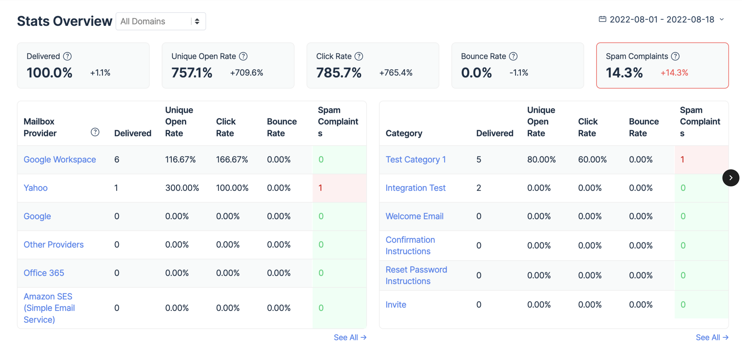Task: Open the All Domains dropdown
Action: click(x=160, y=21)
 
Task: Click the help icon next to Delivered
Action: click(x=67, y=56)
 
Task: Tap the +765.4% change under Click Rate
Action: click(x=395, y=73)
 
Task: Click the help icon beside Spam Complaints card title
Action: click(x=675, y=56)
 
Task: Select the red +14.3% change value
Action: click(x=674, y=73)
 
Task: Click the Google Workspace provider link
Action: click(x=60, y=160)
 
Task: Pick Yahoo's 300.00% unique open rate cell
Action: click(x=182, y=188)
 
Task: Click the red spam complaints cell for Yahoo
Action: click(x=339, y=188)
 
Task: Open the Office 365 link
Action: click(x=44, y=273)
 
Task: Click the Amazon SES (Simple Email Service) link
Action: click(x=49, y=308)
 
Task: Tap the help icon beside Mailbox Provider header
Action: click(x=95, y=132)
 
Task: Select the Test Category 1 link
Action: click(x=415, y=160)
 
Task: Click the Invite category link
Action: click(x=395, y=304)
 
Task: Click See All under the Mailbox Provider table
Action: click(x=350, y=337)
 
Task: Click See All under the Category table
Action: click(x=712, y=337)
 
